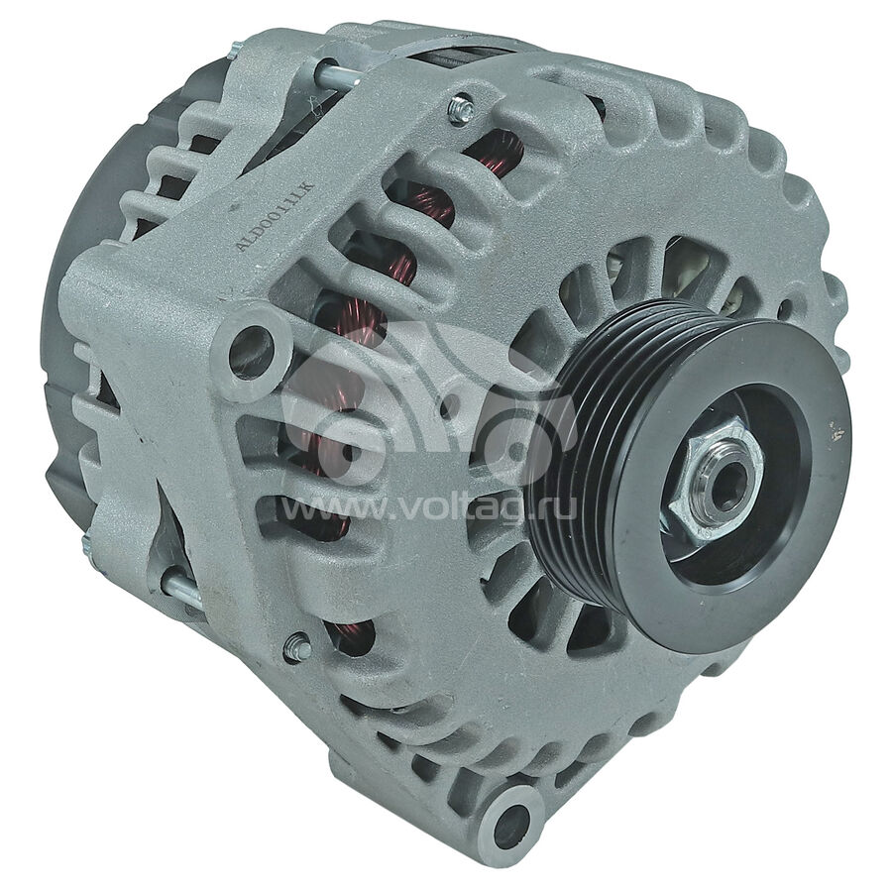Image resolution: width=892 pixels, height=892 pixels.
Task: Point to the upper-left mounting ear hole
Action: point(251,349)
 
